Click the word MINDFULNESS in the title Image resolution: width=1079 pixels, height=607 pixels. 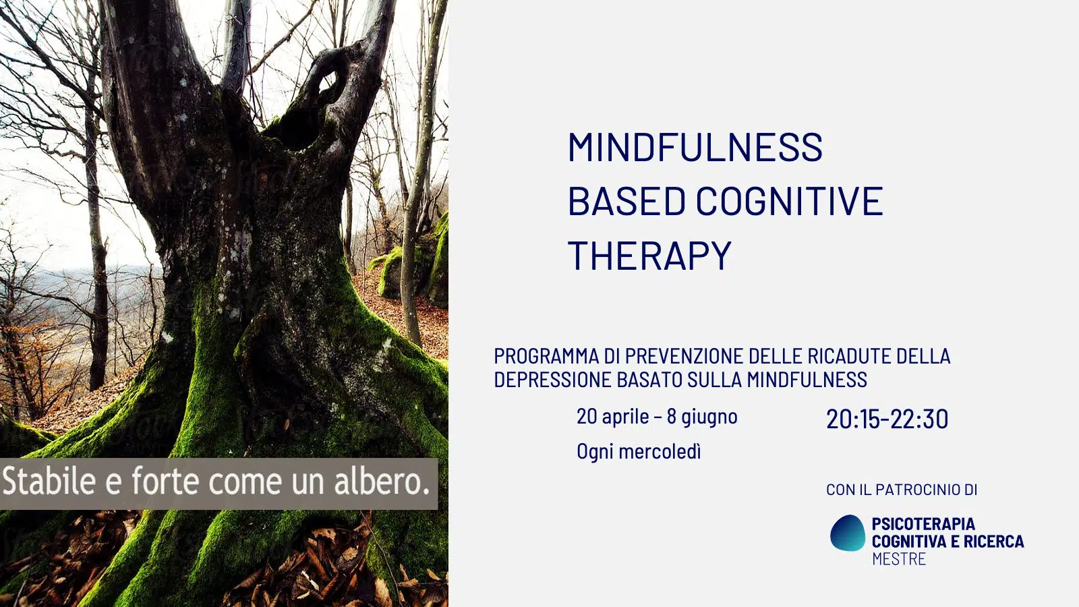[695, 146]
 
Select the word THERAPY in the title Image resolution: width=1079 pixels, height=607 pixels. [650, 255]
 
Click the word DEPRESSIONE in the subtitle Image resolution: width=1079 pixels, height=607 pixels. [553, 380]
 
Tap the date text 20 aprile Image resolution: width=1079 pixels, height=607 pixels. [613, 416]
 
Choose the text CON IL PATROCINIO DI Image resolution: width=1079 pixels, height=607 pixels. [902, 490]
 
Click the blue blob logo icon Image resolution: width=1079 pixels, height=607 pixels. [848, 533]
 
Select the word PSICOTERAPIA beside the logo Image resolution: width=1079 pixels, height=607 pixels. [923, 523]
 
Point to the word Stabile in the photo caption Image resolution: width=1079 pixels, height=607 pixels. [49, 482]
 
